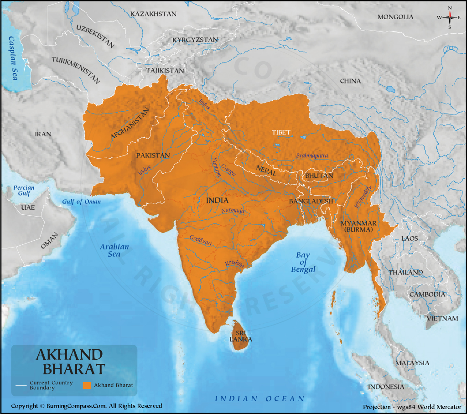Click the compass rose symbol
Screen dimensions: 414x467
[450, 17]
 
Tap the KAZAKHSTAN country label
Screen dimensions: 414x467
[153, 14]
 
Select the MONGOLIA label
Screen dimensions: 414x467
[395, 17]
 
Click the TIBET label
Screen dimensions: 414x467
[281, 132]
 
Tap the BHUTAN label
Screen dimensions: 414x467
[319, 176]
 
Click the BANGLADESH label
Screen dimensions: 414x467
[311, 201]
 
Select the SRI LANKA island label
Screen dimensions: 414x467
[241, 336]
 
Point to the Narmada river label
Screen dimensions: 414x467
[233, 211]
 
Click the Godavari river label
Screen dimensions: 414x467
[201, 240]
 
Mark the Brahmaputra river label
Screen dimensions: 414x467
[312, 156]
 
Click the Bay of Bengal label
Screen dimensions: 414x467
[303, 262]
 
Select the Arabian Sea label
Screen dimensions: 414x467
[114, 250]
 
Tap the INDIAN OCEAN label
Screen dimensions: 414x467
[259, 398]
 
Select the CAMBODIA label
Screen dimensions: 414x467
[427, 294]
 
